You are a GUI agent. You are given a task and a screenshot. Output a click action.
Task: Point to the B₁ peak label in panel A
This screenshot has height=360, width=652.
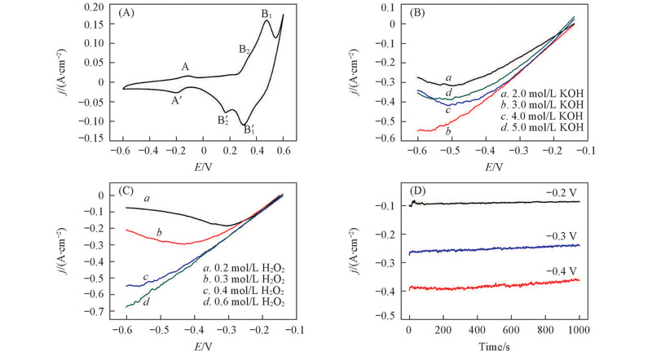click(267, 13)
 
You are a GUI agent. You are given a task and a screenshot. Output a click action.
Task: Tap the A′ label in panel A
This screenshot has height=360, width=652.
click(176, 100)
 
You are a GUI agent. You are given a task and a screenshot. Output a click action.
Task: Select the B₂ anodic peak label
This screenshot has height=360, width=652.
click(244, 50)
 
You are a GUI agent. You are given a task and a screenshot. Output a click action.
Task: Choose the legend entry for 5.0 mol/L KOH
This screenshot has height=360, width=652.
click(540, 128)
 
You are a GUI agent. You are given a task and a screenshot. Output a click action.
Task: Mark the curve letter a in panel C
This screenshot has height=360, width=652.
click(147, 198)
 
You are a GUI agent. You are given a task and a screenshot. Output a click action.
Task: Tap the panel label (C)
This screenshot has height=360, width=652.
click(126, 191)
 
